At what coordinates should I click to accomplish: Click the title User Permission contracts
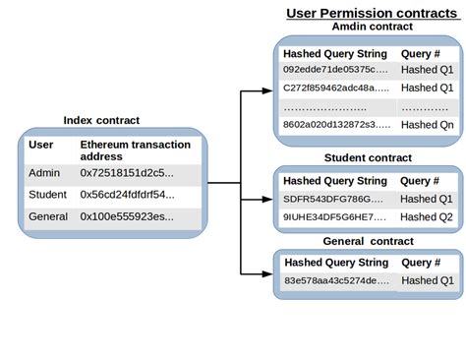pos(370,13)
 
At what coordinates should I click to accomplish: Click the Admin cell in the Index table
pos(45,173)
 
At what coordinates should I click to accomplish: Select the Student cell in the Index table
pos(48,194)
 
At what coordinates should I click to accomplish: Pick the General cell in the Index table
pos(49,215)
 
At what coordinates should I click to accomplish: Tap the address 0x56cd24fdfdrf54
pos(127,194)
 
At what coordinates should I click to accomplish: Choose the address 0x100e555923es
pos(127,215)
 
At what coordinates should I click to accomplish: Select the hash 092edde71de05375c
pos(334,69)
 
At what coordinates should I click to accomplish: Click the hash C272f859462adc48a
pos(334,87)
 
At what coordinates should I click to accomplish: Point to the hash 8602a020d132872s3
pos(334,124)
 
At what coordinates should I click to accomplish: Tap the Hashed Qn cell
pos(427,124)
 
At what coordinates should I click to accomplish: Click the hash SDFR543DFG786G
pos(334,199)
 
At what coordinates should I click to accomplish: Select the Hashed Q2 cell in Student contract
pos(427,216)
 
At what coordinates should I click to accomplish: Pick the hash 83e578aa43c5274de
pos(336,280)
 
